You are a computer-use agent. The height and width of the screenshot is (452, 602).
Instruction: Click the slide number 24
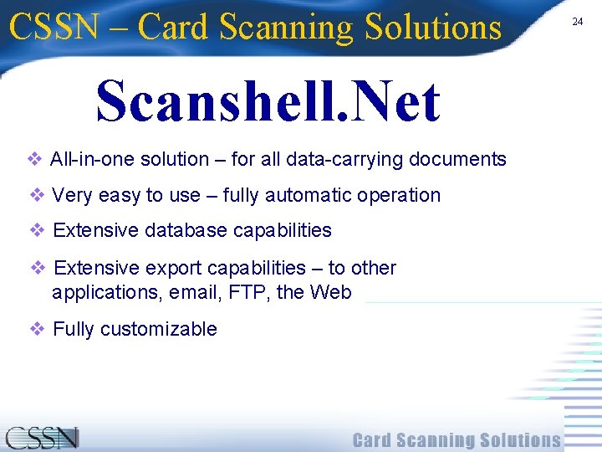pos(577,22)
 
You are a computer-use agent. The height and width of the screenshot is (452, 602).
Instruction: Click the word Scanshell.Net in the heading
pos(268,101)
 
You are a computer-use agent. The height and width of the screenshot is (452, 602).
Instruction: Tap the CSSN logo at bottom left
pos(42,438)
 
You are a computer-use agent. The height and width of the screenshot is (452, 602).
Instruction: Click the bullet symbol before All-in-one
pos(35,159)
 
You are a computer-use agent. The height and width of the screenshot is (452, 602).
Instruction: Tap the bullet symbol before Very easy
pos(37,195)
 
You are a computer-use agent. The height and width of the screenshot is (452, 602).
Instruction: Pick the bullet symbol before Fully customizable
pos(38,329)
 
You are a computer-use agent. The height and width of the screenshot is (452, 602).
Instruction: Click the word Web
pos(330,293)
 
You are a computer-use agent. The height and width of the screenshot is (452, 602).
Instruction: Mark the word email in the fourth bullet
pos(192,293)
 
